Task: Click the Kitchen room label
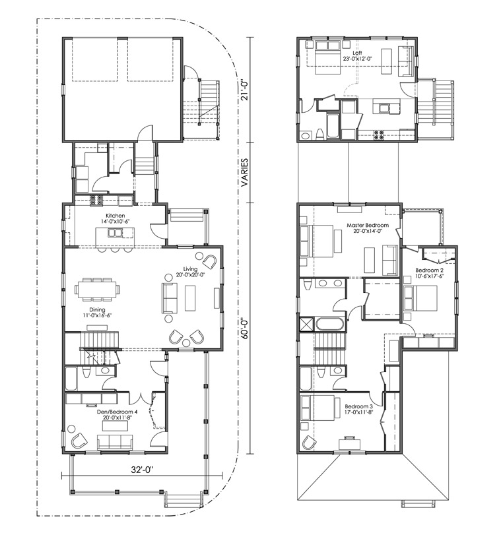pos(116,216)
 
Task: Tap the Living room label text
pos(190,269)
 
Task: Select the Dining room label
pos(97,309)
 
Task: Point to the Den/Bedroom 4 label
pos(117,412)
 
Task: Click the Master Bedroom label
pos(368,225)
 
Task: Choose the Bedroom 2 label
pos(430,270)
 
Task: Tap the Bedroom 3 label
pos(359,406)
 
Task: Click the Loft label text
pos(357,53)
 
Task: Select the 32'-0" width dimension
pos(143,470)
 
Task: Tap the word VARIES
pos(245,172)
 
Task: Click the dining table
pos(97,290)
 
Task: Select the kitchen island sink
pos(116,233)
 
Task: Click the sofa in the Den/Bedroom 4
pos(115,441)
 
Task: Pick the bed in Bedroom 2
pos(420,298)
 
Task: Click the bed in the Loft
pos(328,57)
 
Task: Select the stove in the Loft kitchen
pos(379,135)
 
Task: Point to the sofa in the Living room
pos(170,298)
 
